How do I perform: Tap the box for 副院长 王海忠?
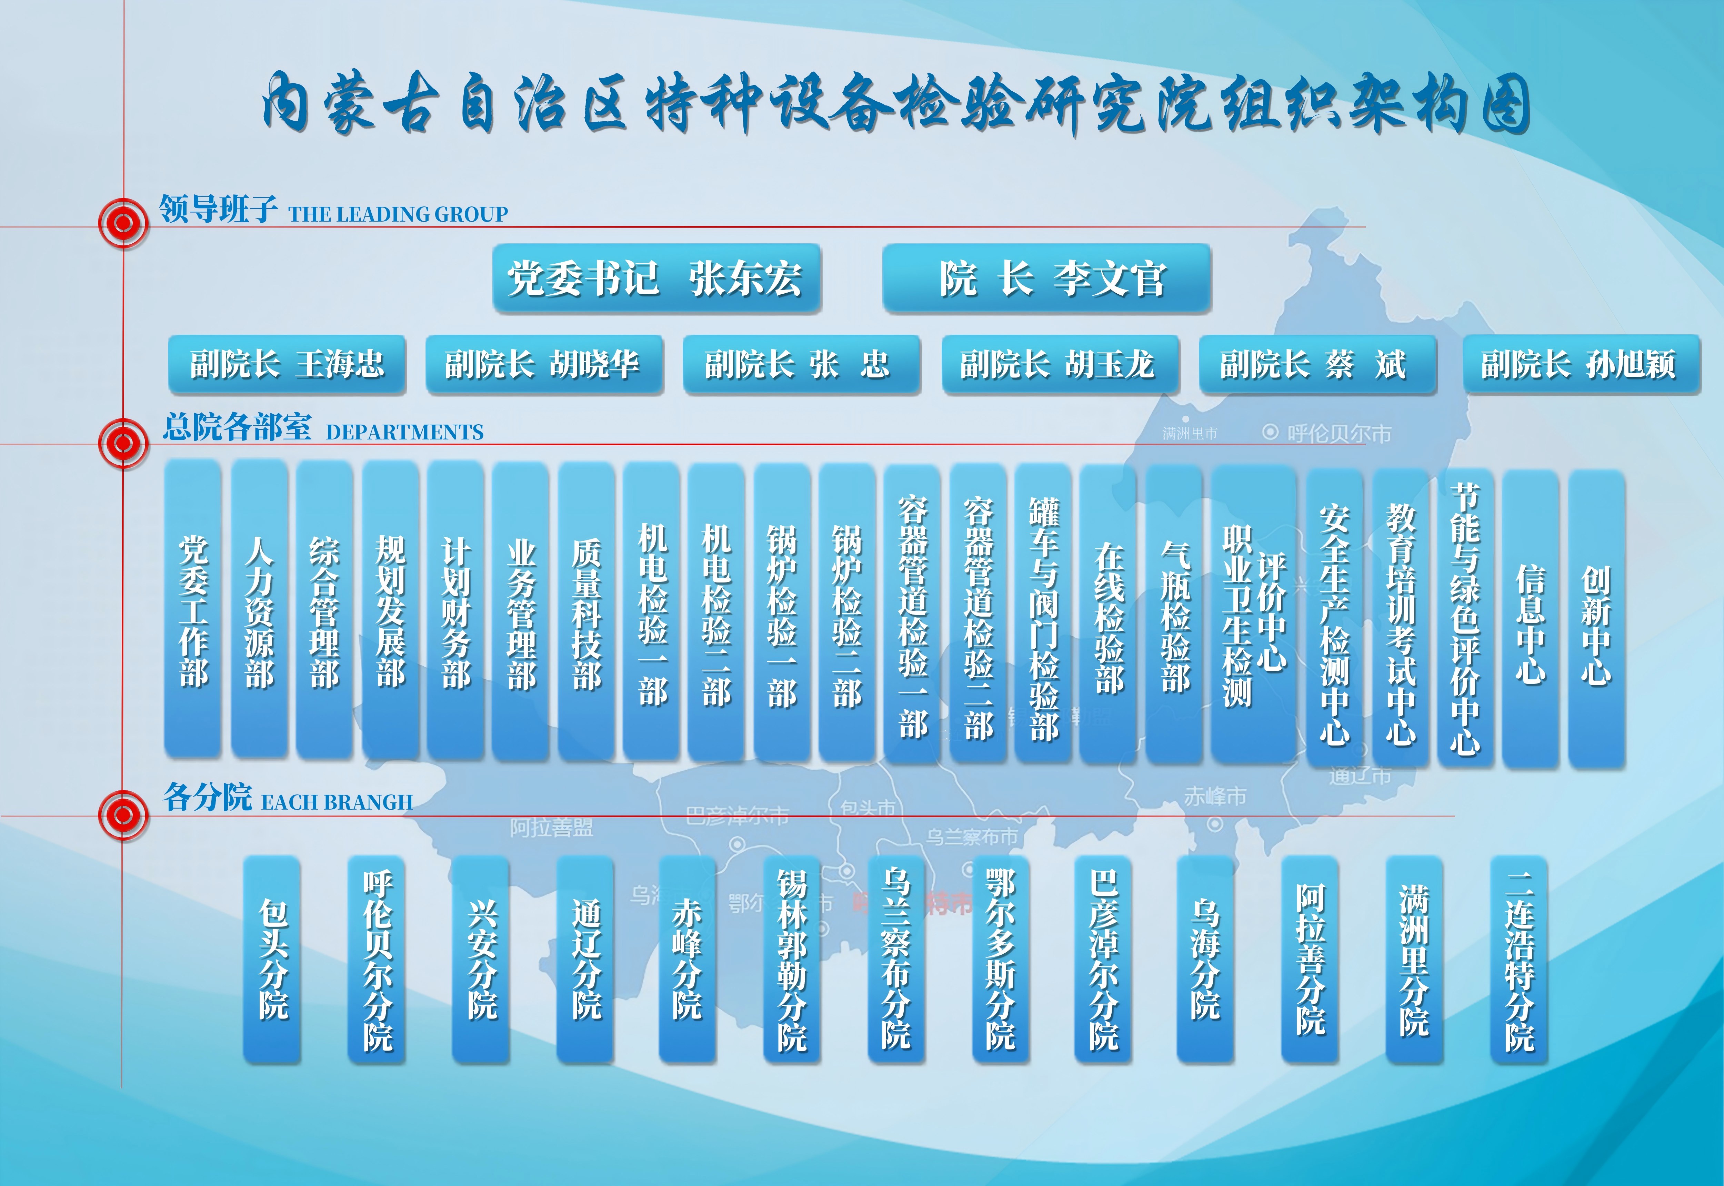click(x=287, y=364)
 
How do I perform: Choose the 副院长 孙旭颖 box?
click(x=1581, y=364)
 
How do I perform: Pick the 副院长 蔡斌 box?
click(x=1317, y=364)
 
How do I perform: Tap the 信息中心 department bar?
click(x=1530, y=618)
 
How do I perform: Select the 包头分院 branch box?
click(x=272, y=959)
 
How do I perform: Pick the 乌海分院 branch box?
click(x=1205, y=959)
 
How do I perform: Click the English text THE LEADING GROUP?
click(x=398, y=215)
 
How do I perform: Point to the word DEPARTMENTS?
click(x=404, y=433)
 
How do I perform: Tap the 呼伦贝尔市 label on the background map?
click(x=1338, y=433)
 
